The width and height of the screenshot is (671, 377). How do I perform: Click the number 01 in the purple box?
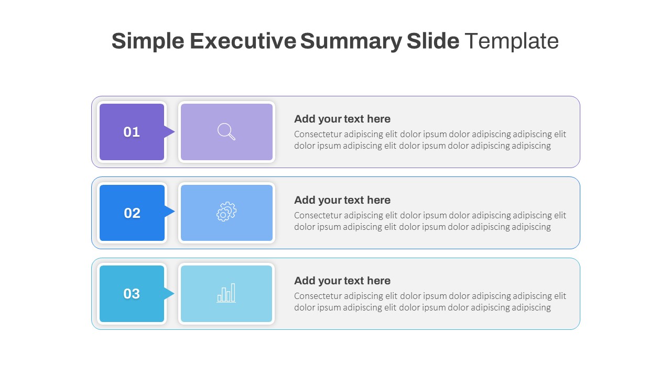tap(132, 132)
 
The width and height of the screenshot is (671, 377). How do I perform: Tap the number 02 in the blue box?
tap(132, 213)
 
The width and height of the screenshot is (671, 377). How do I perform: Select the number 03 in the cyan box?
tap(132, 294)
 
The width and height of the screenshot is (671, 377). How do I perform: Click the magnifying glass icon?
tap(226, 131)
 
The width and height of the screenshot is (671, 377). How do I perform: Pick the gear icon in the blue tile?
tap(226, 212)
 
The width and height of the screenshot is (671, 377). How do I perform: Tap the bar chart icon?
tap(226, 293)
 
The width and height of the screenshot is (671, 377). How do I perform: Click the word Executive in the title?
tap(243, 41)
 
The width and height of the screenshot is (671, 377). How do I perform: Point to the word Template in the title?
tap(512, 41)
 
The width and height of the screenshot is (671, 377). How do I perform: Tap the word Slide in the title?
tap(433, 41)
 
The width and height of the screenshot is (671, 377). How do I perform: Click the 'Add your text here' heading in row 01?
tap(342, 119)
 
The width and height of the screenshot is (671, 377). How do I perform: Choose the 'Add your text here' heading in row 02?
tap(342, 200)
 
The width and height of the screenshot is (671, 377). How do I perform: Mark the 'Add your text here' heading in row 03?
tap(342, 281)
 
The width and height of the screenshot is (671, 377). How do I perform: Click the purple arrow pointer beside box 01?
tap(169, 132)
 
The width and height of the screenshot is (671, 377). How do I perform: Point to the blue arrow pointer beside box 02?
tap(169, 212)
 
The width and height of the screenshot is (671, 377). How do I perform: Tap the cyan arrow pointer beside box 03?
tap(169, 294)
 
